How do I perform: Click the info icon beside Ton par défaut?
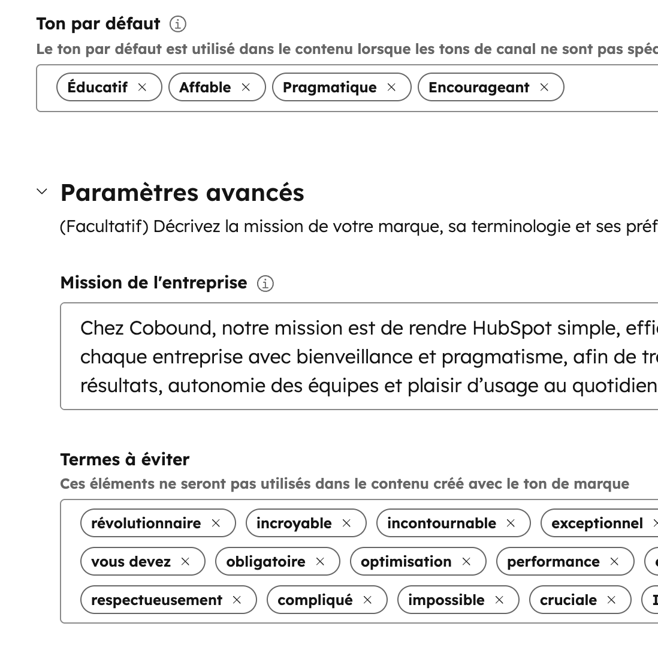click(x=178, y=24)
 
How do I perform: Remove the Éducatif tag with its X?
click(x=142, y=87)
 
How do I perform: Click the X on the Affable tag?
click(x=246, y=87)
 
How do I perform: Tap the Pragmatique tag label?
click(x=330, y=88)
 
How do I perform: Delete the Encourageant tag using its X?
click(x=544, y=87)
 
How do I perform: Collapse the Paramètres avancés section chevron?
click(x=42, y=192)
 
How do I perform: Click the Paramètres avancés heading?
click(x=182, y=192)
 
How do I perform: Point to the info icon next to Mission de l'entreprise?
click(x=265, y=284)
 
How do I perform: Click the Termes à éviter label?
click(x=125, y=459)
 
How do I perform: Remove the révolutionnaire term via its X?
click(x=216, y=523)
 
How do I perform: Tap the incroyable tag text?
click(x=294, y=523)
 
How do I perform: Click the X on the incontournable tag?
click(x=511, y=523)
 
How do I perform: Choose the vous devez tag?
click(x=131, y=562)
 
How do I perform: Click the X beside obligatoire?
click(x=320, y=562)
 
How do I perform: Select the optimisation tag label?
click(x=406, y=562)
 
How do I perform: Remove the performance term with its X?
click(x=614, y=562)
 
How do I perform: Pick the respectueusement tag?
click(x=156, y=600)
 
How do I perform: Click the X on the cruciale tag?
click(x=611, y=600)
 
